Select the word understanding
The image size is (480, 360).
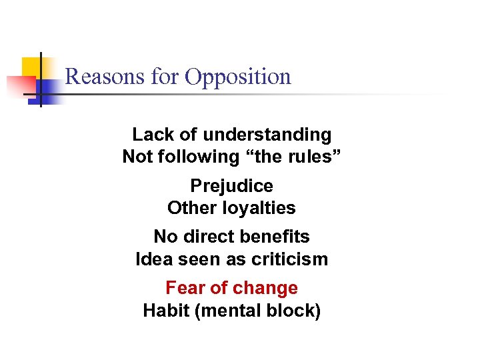tap(267, 135)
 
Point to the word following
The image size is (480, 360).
tap(189, 157)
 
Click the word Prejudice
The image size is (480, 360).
tap(231, 186)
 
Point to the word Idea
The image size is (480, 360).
tap(154, 259)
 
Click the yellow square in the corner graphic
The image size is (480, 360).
tap(31, 69)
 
